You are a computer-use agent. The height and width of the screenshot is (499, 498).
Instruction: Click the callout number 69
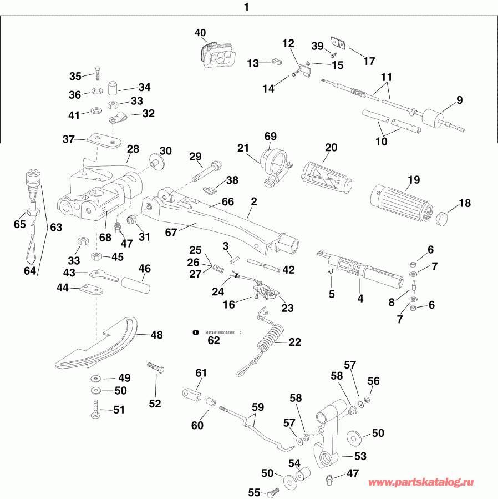click(x=270, y=136)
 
